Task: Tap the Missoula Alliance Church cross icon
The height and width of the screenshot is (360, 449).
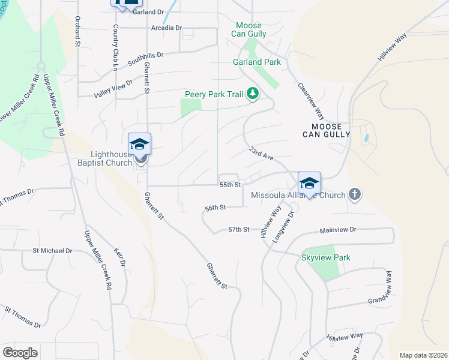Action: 355,194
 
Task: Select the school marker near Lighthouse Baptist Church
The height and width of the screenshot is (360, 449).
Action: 139,145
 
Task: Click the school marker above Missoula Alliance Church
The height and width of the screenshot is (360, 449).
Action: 309,183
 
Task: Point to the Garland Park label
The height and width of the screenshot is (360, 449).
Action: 256,62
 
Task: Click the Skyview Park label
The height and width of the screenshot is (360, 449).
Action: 326,257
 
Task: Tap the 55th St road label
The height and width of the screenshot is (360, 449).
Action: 230,185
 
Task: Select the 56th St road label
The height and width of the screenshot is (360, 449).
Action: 215,208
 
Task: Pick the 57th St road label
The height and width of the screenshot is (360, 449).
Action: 238,230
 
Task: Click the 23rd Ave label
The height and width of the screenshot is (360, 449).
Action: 262,153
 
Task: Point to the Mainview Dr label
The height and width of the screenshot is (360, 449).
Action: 338,230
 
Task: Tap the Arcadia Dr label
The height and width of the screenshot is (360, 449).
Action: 167,28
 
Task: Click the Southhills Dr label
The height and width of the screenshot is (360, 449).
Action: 145,56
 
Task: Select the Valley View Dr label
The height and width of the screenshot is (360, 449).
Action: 113,89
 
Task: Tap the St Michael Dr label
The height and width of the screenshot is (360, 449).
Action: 52,250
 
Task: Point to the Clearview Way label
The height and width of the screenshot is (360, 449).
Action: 312,101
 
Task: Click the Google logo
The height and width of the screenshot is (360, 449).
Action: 20,353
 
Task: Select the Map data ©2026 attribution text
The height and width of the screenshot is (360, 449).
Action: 424,355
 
